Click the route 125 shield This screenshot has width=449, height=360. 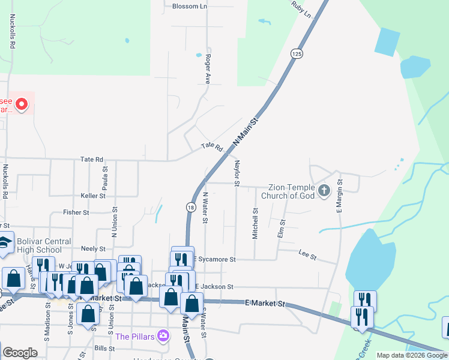tap(296, 54)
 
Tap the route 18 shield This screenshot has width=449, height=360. tap(190, 207)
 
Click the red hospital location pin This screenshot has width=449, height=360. tap(22, 105)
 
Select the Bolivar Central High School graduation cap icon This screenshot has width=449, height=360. tap(4, 242)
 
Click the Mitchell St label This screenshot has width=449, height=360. tap(255, 224)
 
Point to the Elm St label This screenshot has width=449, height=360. tap(280, 229)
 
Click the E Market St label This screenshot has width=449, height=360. tap(265, 304)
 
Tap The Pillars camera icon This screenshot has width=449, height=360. tap(162, 335)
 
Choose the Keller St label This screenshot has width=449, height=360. tap(93, 196)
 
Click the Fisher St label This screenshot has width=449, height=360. tap(76, 212)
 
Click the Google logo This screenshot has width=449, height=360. tap(20, 353)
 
